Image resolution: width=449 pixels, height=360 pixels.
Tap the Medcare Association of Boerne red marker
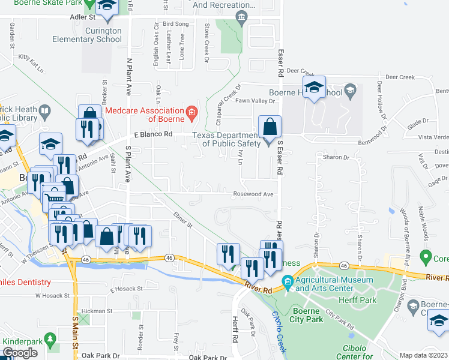191,111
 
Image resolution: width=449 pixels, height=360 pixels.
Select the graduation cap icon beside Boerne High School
313,88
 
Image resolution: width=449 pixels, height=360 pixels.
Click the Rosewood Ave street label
253,194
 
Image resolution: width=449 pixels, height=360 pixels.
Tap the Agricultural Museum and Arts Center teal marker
288,281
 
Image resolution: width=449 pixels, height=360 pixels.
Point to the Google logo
20,353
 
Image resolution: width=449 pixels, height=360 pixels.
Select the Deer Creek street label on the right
400,77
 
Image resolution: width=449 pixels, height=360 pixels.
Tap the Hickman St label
97,311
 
